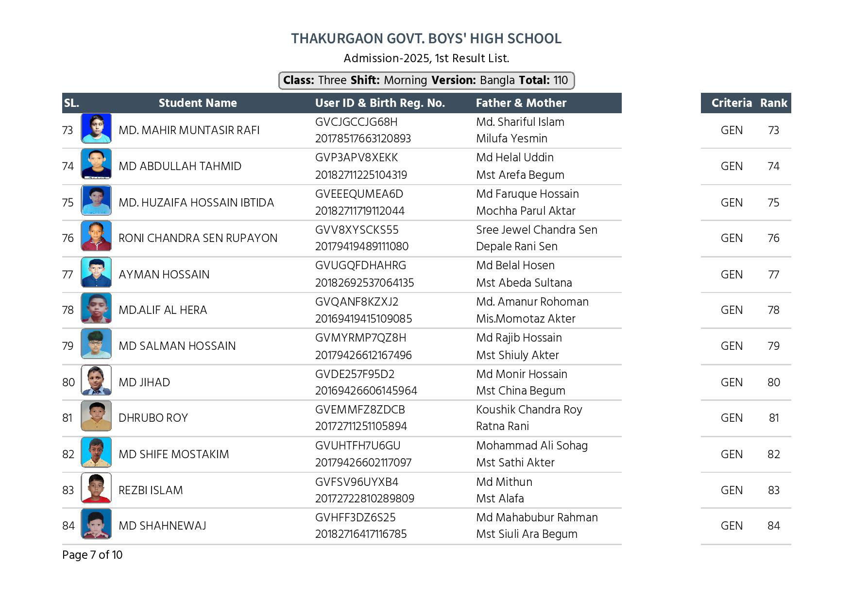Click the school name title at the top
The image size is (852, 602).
tap(426, 39)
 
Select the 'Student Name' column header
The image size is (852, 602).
tap(197, 103)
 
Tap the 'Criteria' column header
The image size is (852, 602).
tap(731, 103)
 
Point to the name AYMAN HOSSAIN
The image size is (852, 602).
tap(164, 275)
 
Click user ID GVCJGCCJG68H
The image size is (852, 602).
tap(356, 122)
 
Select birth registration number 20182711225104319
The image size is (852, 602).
tap(361, 175)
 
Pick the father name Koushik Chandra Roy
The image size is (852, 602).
tap(529, 410)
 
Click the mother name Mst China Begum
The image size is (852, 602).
tap(520, 391)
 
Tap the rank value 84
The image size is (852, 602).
tap(774, 526)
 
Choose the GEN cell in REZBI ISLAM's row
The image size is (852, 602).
tap(732, 490)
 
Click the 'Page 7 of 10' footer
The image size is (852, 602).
tap(92, 555)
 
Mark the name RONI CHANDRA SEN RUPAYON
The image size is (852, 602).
tap(198, 238)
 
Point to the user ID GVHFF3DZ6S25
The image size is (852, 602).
tap(355, 517)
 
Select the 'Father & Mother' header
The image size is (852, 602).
tap(521, 103)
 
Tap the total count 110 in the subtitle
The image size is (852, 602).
tap(560, 80)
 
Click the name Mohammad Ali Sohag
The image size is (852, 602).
tap(531, 446)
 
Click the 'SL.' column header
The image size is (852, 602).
tap(71, 103)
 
